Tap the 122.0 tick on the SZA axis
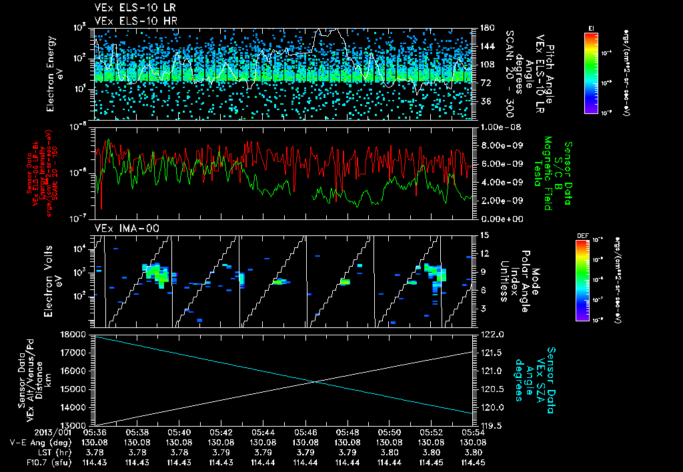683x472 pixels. click(492, 334)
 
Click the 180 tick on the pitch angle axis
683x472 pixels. click(486, 28)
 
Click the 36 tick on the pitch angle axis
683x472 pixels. click(484, 101)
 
